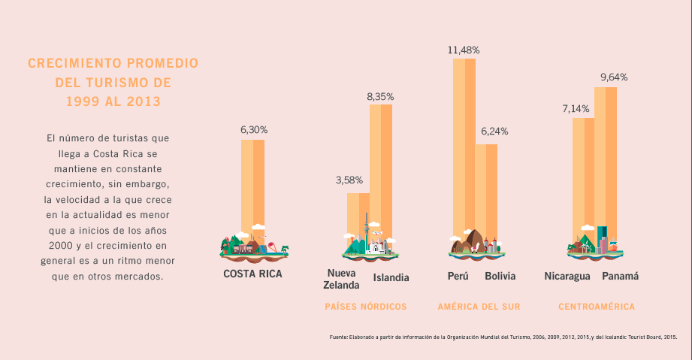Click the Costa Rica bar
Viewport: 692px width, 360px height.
pyautogui.click(x=252, y=184)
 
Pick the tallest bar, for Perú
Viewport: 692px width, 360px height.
pyautogui.click(x=464, y=143)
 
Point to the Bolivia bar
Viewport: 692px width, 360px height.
pyautogui.click(x=486, y=188)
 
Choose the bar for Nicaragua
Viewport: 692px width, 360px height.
pyautogui.click(x=583, y=177)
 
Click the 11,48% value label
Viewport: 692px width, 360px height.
pyautogui.click(x=464, y=50)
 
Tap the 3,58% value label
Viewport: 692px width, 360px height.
pyautogui.click(x=349, y=180)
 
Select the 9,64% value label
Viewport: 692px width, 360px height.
pyautogui.click(x=614, y=77)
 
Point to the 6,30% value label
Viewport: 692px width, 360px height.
pyautogui.click(x=254, y=129)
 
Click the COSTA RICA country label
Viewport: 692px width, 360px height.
pyautogui.click(x=252, y=274)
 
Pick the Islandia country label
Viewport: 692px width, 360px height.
pyautogui.click(x=391, y=277)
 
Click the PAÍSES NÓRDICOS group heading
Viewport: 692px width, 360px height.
pyautogui.click(x=366, y=307)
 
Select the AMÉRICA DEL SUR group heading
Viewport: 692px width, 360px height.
pyautogui.click(x=479, y=307)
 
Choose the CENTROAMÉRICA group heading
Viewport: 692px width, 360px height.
pyautogui.click(x=597, y=307)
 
